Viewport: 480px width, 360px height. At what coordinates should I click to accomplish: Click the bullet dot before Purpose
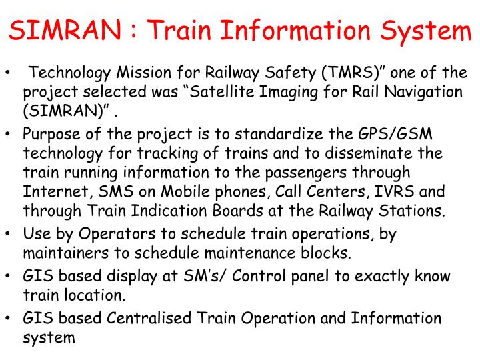coord(7,136)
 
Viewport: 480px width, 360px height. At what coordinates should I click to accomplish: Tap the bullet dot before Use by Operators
coord(7,235)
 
